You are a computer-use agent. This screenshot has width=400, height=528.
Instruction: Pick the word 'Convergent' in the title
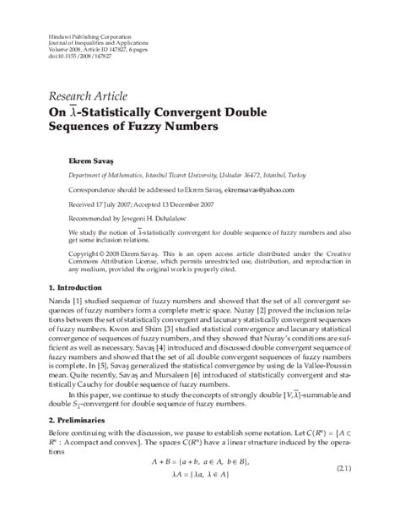pos(222,111)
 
